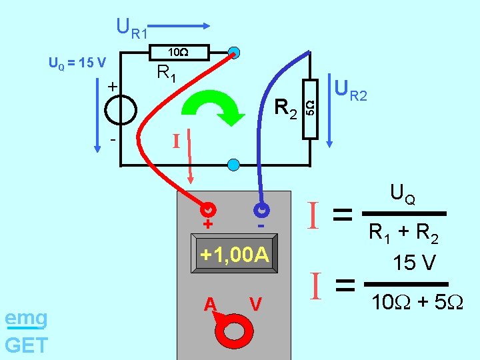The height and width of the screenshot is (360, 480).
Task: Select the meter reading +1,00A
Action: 235,255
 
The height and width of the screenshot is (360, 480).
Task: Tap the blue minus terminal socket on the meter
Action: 261,209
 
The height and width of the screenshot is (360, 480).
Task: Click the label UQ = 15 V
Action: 77,63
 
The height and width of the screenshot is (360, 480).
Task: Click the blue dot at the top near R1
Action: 234,52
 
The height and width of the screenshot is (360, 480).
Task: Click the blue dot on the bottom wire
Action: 233,164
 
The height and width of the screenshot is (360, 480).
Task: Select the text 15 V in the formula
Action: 414,263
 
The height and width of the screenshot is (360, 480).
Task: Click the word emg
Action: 26,319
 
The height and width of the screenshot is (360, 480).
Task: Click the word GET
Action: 26,345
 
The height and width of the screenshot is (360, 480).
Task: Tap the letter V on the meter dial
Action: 254,304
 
